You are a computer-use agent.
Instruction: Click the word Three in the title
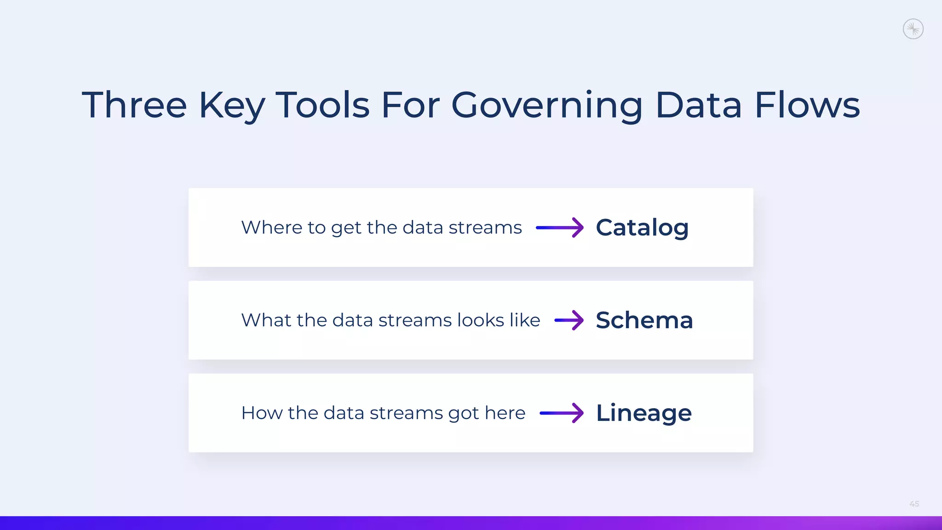pos(134,105)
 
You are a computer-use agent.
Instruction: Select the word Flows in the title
pos(807,105)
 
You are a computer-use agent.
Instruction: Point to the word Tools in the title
pos(322,105)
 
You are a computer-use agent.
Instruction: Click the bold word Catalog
pos(642,228)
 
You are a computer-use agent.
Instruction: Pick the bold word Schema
pos(644,320)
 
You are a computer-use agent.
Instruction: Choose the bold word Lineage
pos(643,413)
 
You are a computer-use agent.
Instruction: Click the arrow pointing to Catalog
pos(560,227)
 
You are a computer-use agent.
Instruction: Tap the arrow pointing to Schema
pos(569,320)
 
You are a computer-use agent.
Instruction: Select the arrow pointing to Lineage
pos(562,413)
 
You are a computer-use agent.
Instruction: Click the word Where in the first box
pos(271,227)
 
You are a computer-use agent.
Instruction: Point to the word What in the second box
pos(266,320)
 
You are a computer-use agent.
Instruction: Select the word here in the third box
pos(505,413)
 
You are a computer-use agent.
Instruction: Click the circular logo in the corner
pos(913,29)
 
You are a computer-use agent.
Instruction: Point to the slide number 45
pos(914,504)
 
